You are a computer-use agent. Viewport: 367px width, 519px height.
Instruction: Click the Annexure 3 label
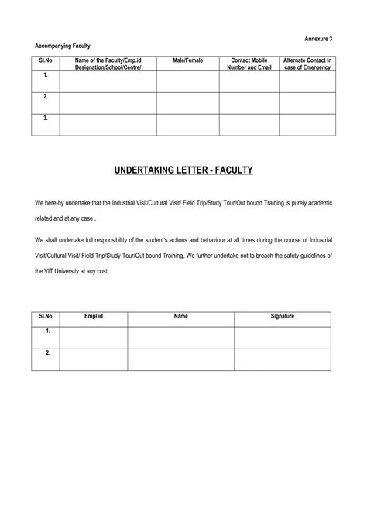click(319, 38)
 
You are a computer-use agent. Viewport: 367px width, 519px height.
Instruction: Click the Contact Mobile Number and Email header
click(249, 64)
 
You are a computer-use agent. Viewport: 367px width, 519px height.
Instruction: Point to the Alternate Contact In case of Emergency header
click(307, 64)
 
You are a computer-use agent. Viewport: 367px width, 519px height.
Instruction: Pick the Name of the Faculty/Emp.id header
click(108, 64)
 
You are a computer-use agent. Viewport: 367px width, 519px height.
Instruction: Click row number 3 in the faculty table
click(46, 119)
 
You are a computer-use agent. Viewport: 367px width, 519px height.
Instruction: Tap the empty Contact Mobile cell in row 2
click(249, 103)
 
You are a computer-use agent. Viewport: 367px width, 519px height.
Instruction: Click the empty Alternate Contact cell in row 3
click(307, 124)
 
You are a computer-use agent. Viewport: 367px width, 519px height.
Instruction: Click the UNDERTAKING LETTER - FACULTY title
click(183, 169)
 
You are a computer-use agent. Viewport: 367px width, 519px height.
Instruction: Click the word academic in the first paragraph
click(318, 203)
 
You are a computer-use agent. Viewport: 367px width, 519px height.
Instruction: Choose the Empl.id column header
click(93, 317)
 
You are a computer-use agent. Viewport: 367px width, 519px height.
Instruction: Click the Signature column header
click(283, 317)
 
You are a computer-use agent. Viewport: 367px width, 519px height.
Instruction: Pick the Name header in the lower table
click(180, 317)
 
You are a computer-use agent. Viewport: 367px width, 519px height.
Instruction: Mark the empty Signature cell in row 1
click(283, 337)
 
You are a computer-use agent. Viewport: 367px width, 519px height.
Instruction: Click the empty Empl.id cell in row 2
click(93, 359)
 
